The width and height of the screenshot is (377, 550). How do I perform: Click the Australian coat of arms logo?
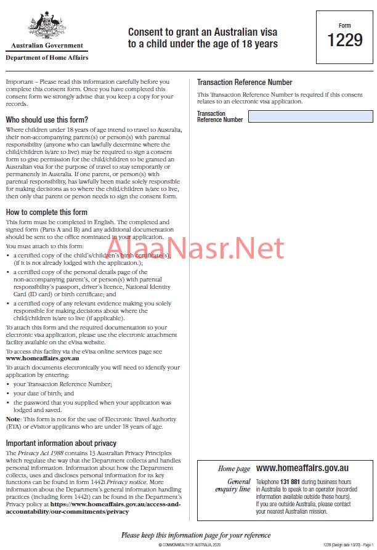(x=47, y=25)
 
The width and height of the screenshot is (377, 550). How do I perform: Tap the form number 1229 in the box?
(x=344, y=41)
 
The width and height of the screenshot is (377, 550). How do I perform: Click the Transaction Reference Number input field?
(x=310, y=116)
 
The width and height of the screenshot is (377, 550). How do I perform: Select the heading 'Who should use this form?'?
(x=47, y=119)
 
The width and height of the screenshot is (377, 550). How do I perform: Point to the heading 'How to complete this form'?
(x=46, y=212)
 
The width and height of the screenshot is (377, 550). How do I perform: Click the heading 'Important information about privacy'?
(x=61, y=443)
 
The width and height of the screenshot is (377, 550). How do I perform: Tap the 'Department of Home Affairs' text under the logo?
(x=47, y=58)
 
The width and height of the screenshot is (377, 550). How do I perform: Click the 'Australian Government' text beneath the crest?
(x=47, y=46)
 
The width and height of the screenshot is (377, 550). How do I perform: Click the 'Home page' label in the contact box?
(x=234, y=469)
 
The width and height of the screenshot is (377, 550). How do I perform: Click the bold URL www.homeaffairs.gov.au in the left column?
(x=43, y=358)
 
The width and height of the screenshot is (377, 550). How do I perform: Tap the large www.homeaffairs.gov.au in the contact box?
(x=302, y=469)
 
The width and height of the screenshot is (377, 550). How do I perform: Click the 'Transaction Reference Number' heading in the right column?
(x=245, y=83)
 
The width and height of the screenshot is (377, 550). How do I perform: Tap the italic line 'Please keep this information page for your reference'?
(x=196, y=535)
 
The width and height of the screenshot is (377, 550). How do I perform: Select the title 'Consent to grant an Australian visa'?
(x=203, y=32)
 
